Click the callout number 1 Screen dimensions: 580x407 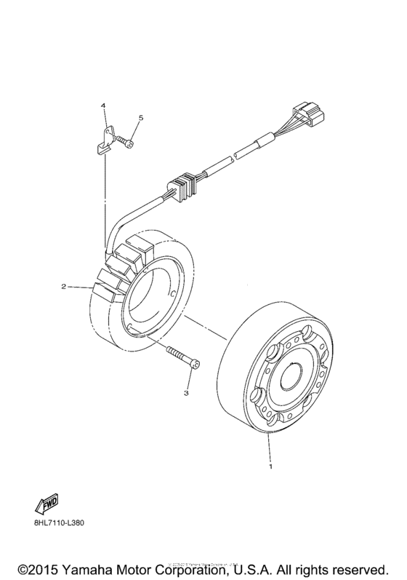click(x=271, y=465)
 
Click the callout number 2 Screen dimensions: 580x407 click(x=63, y=287)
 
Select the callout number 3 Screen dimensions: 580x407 click(x=186, y=392)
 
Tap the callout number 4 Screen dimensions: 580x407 click(x=103, y=106)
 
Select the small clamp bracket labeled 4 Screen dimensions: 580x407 click(x=105, y=140)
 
